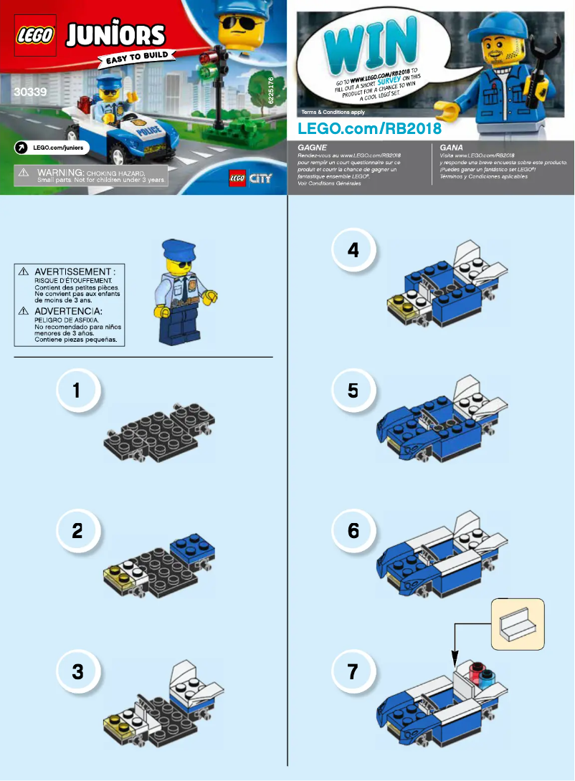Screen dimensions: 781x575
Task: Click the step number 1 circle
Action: point(76,390)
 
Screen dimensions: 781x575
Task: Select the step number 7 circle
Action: point(352,672)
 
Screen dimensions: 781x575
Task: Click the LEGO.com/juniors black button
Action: point(51,147)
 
